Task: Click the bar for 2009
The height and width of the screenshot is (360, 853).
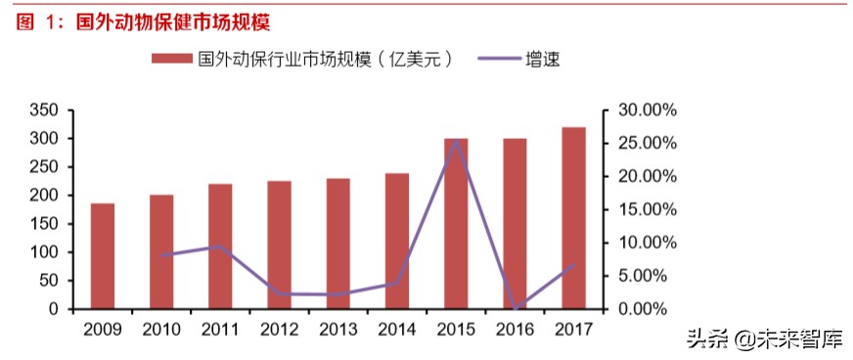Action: [x=103, y=256]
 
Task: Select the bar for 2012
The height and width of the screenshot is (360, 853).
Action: [x=279, y=245]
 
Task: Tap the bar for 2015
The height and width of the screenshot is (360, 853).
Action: [x=456, y=224]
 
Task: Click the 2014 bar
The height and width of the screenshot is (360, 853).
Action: [x=396, y=242]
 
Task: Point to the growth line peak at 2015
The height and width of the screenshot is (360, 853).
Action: [x=456, y=141]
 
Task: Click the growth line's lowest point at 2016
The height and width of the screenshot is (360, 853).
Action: [x=515, y=308]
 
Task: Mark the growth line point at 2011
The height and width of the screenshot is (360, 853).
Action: [x=220, y=247]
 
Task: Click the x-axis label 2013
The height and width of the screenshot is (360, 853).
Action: [x=337, y=330]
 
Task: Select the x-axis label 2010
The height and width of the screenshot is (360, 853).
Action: [x=161, y=330]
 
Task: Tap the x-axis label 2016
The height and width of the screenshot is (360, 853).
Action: [x=515, y=330]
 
